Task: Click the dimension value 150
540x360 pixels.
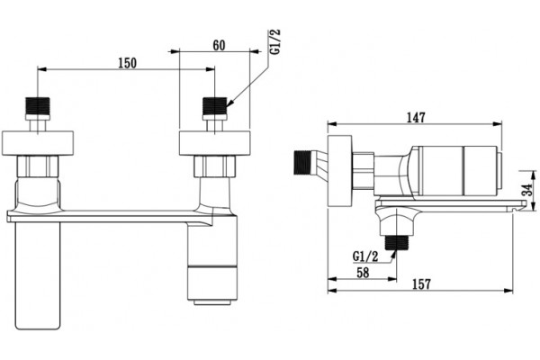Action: [128, 63]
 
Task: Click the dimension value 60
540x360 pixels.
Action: [219, 45]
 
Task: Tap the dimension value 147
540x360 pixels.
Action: [416, 118]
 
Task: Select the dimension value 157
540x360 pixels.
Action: [421, 284]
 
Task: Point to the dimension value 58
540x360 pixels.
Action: [363, 273]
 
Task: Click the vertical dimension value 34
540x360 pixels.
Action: [527, 190]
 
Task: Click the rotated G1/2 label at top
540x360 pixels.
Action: [275, 41]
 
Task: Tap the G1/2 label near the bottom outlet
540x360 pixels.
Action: [365, 256]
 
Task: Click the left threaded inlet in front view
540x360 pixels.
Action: [38, 105]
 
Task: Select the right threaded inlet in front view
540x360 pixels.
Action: [215, 105]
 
